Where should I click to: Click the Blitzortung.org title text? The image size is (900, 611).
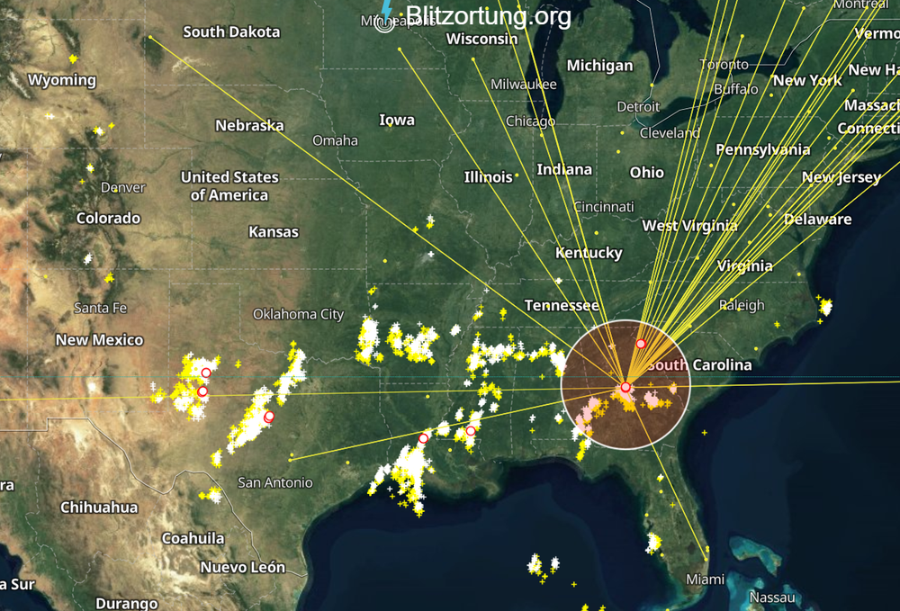488,16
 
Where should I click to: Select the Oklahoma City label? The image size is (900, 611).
298,314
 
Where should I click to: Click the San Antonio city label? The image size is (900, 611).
275,482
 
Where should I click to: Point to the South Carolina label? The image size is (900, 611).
699,364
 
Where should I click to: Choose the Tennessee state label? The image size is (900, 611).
562,306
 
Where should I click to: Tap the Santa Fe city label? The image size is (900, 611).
100,308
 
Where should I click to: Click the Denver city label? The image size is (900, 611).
122,188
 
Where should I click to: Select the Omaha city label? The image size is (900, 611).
335,140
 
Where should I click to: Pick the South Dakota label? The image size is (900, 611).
231,31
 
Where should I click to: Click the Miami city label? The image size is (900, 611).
705,580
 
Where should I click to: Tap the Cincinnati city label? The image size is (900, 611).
603,207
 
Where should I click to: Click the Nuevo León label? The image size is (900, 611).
242,567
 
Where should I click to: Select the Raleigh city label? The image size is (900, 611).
742,305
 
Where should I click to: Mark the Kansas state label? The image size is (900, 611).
273,232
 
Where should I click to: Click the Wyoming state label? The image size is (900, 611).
61,80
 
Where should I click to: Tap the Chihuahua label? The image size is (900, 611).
99,508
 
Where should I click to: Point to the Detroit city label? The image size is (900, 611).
638,107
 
